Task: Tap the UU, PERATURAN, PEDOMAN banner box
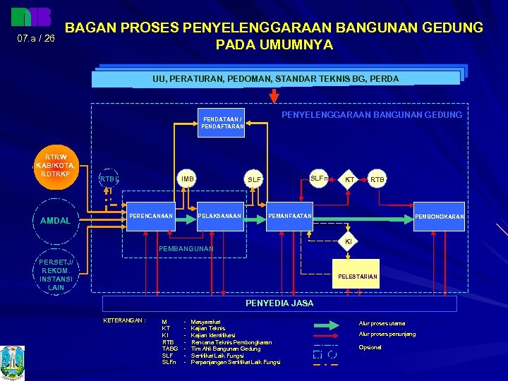pos(275,78)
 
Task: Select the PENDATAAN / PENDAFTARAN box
pos(222,122)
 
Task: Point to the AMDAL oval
pos(56,221)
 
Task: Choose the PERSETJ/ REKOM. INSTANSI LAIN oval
pos(56,275)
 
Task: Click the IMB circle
pos(187,179)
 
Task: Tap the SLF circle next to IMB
pos(254,180)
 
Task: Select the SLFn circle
pos(320,179)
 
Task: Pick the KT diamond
pos(349,180)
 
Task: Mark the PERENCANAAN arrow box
pos(151,215)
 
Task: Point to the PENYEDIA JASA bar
pos(279,303)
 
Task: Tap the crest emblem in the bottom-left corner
pos(13,361)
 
